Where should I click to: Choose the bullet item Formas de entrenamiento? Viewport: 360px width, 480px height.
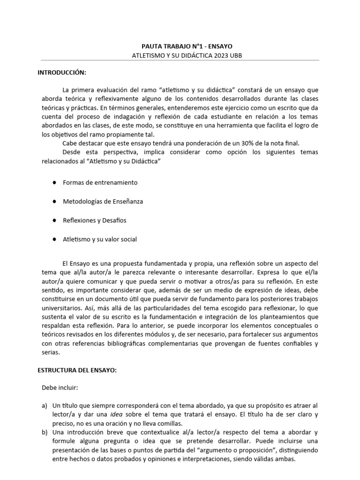[100, 182]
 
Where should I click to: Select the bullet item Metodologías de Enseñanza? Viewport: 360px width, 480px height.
[103, 201]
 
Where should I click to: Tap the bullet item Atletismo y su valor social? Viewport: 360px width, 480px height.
[100, 239]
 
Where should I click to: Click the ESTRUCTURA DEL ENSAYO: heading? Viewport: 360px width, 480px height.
[77, 370]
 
